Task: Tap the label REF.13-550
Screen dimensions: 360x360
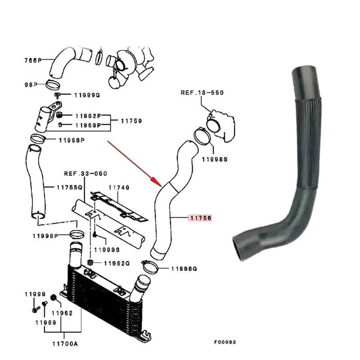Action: click(x=202, y=93)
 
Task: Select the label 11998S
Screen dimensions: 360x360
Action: click(x=214, y=159)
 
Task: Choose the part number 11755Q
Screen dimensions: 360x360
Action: click(x=70, y=187)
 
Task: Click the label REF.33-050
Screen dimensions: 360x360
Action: click(x=85, y=173)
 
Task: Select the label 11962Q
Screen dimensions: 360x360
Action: click(x=117, y=263)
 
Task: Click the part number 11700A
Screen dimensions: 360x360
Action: click(x=64, y=344)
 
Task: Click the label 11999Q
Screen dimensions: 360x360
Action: click(x=87, y=95)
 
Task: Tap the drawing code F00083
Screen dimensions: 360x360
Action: click(x=225, y=342)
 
